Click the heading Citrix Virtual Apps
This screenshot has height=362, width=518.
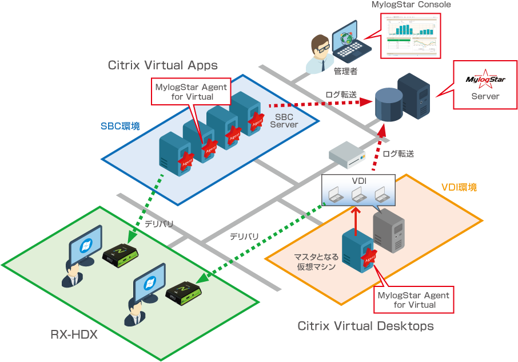163,65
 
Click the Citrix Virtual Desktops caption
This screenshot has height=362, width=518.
365,326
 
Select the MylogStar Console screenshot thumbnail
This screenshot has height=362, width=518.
411,36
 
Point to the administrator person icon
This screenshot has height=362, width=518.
320,53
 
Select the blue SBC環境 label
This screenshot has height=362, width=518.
121,126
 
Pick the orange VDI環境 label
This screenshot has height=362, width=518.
459,187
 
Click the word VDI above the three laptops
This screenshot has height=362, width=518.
358,181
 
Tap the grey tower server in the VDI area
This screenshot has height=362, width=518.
389,230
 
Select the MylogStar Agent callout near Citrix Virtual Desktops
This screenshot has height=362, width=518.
414,300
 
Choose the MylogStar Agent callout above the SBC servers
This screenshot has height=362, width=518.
191,92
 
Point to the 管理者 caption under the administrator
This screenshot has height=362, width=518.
345,72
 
